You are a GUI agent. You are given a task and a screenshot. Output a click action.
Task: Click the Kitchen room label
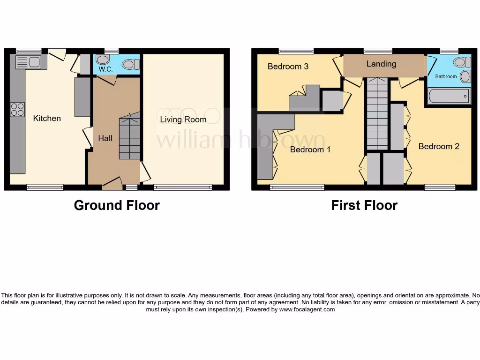[47, 118]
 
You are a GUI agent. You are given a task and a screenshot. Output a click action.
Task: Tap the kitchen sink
[29, 62]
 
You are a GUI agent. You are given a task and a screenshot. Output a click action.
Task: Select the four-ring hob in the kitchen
[17, 110]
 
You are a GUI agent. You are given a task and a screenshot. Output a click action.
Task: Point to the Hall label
[105, 138]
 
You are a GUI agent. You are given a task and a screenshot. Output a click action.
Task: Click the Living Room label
[183, 120]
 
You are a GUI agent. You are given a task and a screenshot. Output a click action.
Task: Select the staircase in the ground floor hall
[129, 137]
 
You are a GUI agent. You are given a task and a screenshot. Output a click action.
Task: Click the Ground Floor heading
[117, 205]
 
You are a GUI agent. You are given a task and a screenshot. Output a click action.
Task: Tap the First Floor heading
[364, 205]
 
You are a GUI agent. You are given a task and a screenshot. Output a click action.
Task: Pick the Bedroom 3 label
[288, 66]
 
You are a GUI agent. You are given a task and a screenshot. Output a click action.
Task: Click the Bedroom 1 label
[310, 150]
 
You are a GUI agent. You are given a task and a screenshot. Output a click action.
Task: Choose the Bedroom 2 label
[439, 146]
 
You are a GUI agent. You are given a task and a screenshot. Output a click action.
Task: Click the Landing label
[381, 64]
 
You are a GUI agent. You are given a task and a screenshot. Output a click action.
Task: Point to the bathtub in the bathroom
[449, 96]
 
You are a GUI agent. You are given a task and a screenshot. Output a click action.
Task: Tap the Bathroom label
[446, 76]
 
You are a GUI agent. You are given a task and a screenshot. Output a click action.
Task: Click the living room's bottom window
[183, 188]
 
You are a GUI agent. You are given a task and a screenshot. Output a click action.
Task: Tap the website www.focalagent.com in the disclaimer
[307, 309]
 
